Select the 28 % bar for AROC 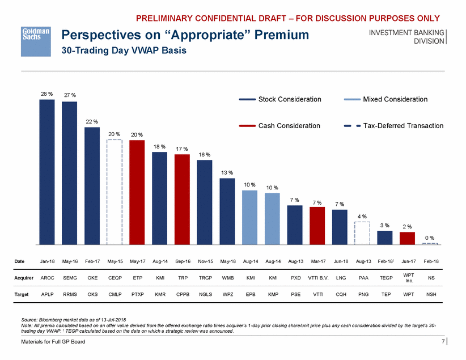tap(47, 172)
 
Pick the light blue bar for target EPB tap(249, 217)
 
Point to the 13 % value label tap(227, 172)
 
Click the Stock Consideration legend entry tap(281, 99)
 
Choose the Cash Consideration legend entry tap(280, 126)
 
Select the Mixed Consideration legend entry tap(385, 99)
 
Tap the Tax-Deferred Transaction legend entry tap(393, 126)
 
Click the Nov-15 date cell tap(205, 261)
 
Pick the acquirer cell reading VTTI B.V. tap(317, 278)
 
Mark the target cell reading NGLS tap(205, 295)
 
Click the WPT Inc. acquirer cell tap(408, 278)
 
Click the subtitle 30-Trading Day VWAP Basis tap(123, 50)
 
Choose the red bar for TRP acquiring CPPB tap(182, 199)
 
